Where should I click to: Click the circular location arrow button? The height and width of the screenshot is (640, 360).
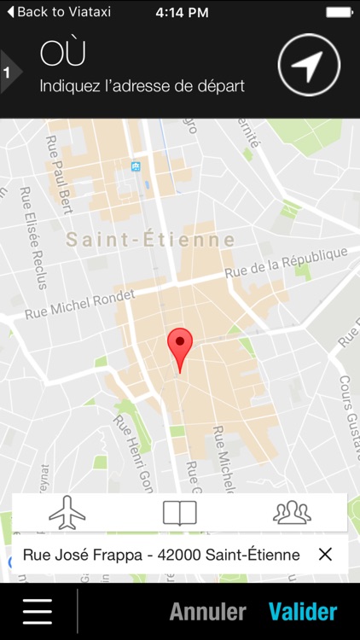tap(309, 65)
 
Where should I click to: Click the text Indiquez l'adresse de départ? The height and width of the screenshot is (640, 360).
tap(142, 86)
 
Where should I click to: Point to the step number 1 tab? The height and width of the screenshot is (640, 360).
tap(7, 73)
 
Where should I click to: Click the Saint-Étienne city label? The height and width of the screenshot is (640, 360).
tap(150, 241)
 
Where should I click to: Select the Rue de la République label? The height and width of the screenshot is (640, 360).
tap(286, 263)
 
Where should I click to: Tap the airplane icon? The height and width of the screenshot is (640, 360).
tap(68, 512)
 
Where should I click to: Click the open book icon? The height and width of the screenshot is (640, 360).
tap(180, 513)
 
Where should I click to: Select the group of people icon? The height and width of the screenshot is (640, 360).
tap(292, 512)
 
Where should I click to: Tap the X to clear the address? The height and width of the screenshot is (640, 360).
tap(325, 555)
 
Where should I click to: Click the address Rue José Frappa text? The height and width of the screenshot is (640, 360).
tap(161, 555)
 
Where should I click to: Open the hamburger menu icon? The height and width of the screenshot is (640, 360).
tap(38, 611)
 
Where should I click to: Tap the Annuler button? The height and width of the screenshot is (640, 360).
tap(207, 612)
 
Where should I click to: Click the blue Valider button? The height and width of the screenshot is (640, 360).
tap(303, 612)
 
